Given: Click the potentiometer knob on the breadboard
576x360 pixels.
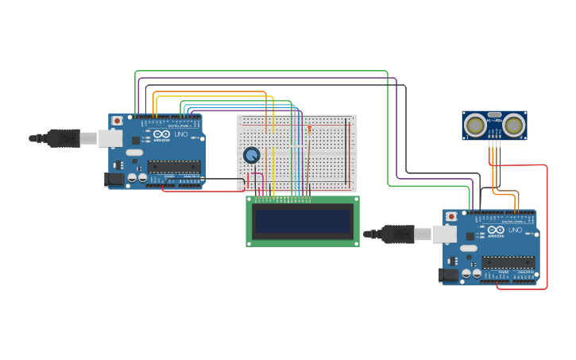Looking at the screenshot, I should click(x=252, y=156).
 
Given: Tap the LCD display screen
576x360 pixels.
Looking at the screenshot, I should click(x=303, y=221).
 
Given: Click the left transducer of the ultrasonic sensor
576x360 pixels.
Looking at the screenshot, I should click(x=476, y=125).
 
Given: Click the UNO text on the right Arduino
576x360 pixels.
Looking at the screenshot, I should click(x=516, y=230).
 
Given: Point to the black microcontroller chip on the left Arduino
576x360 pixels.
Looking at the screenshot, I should click(x=174, y=167).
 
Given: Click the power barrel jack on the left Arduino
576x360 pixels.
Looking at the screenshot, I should click(x=115, y=180).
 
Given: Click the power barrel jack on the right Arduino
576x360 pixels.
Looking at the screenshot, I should click(x=450, y=276).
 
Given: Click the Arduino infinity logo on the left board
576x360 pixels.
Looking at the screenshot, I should click(x=162, y=134).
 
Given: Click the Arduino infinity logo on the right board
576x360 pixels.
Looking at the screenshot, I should click(x=497, y=230).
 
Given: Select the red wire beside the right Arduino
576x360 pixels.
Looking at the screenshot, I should click(x=547, y=230).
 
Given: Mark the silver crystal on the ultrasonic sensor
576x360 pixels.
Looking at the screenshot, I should click(x=494, y=115).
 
